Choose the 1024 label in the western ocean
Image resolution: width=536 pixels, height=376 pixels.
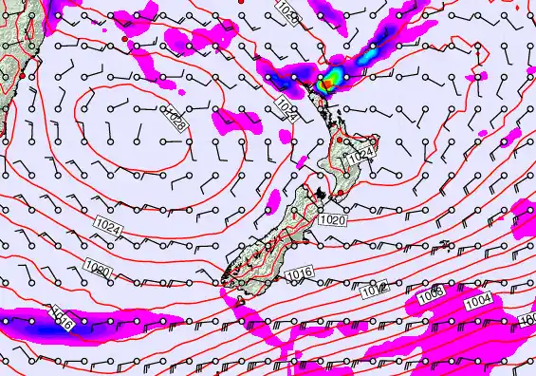[108, 230]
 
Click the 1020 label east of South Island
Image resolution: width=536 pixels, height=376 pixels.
[333, 219]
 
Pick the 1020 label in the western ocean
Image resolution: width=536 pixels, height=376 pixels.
[99, 273]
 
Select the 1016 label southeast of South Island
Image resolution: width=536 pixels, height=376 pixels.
[299, 273]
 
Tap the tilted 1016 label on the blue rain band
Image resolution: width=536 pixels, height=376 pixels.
[63, 318]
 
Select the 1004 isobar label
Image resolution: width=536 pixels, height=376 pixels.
[479, 301]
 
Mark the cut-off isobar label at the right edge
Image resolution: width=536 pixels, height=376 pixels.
[528, 320]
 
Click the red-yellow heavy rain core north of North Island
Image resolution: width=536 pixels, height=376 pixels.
[327, 83]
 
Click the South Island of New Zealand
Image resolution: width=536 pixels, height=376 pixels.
[275, 233]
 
